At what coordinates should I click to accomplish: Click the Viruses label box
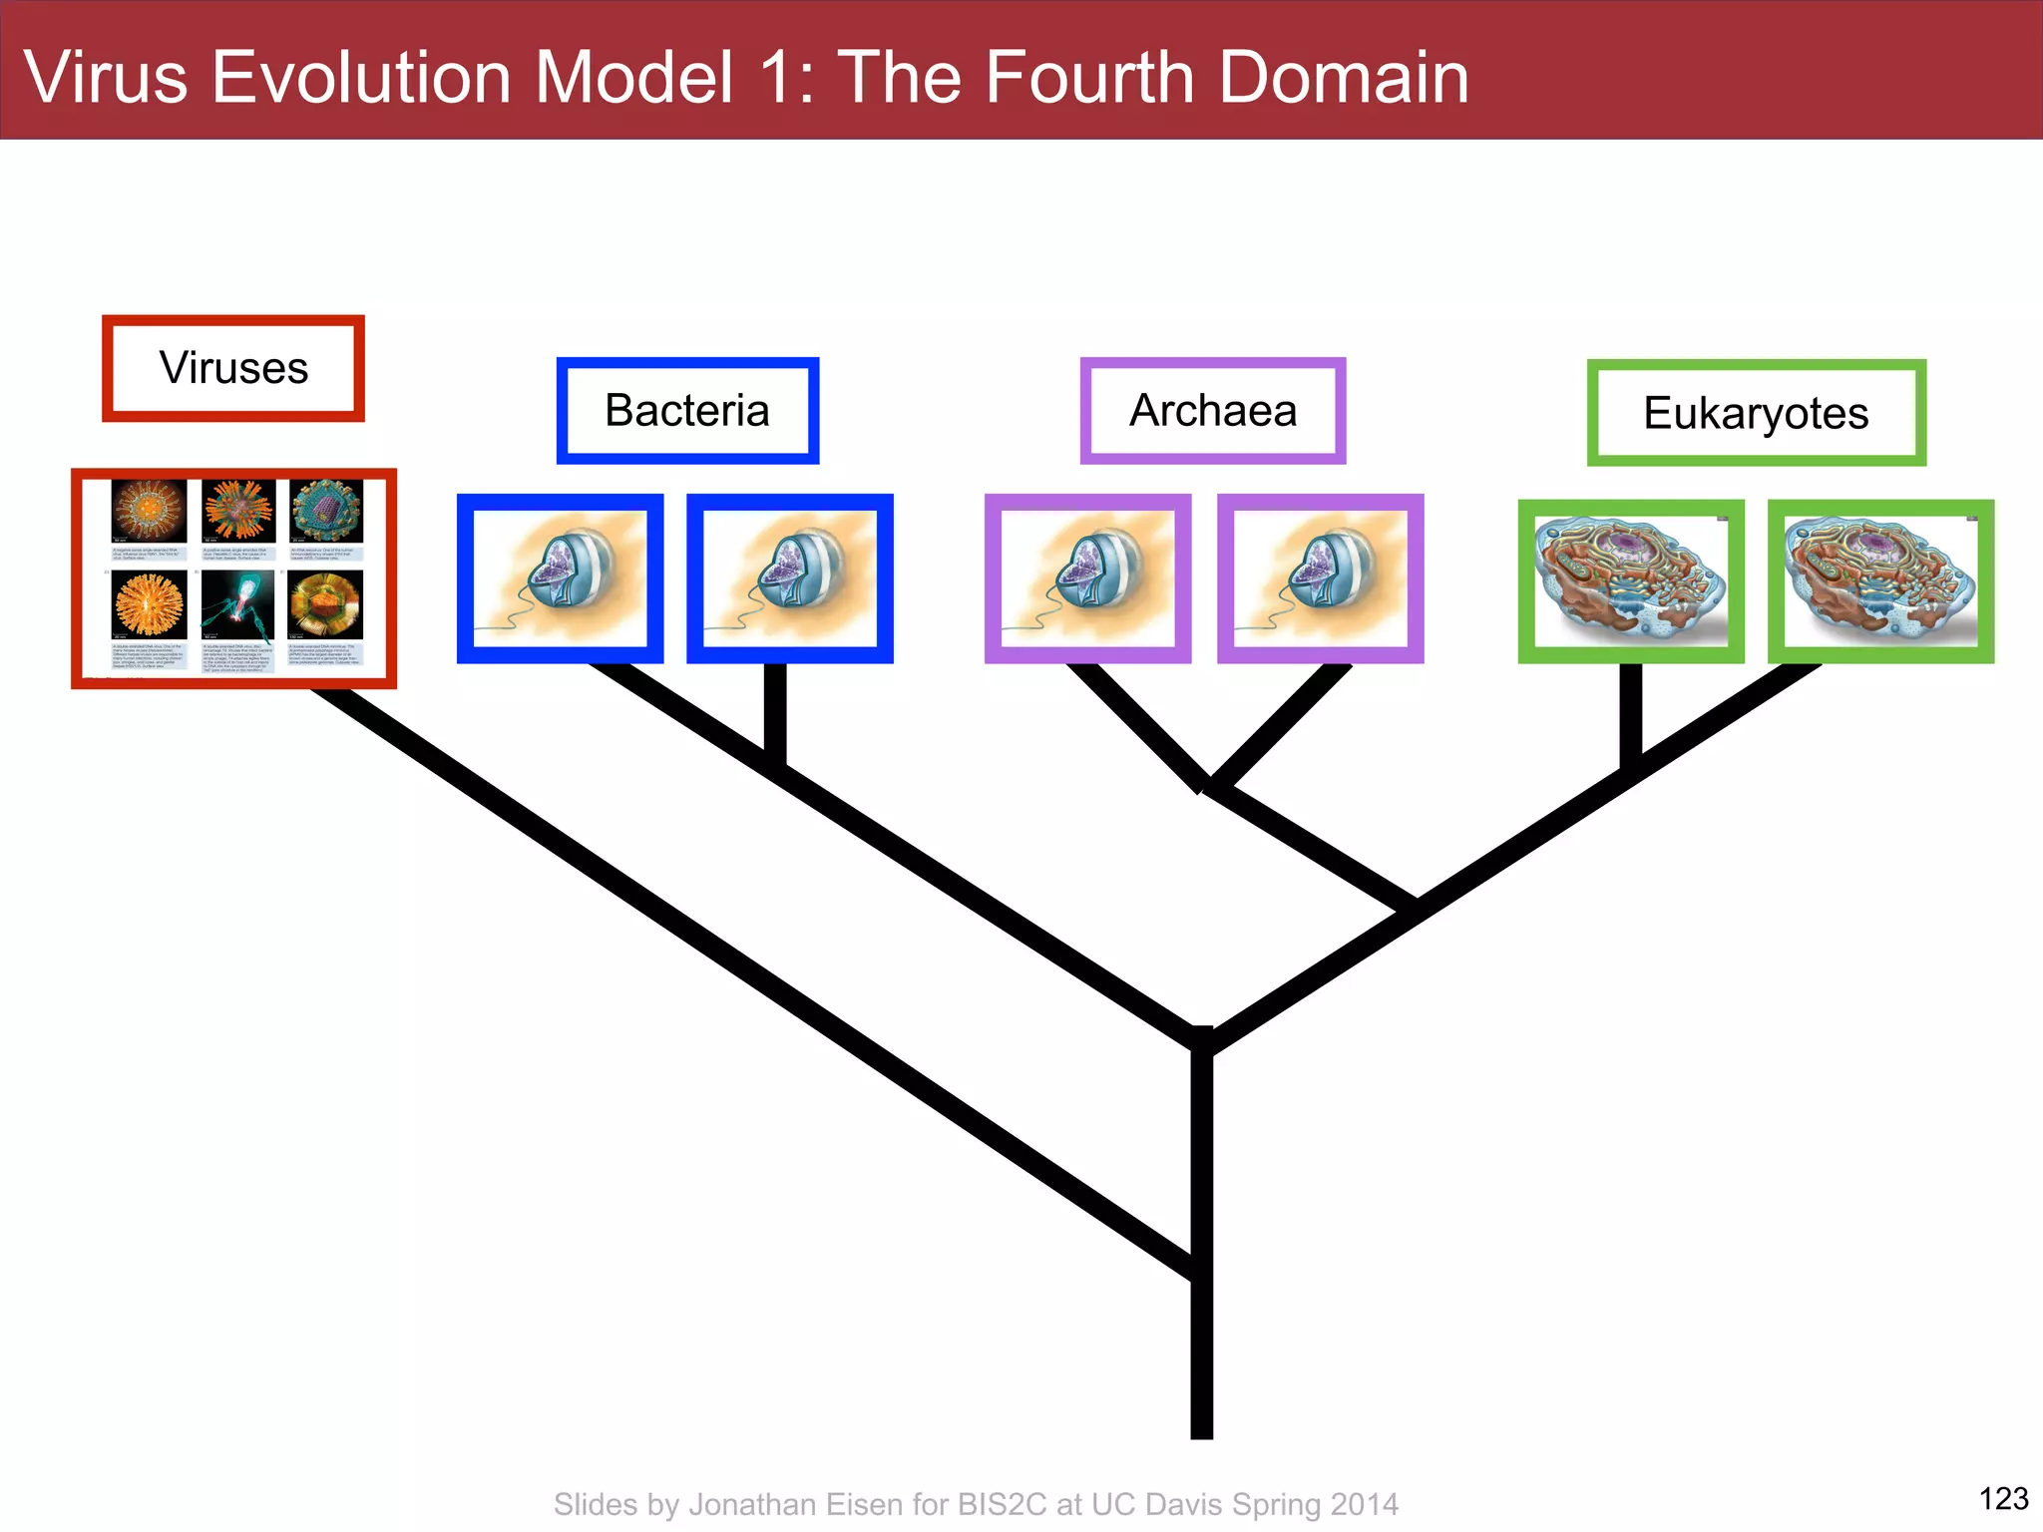[x=233, y=368]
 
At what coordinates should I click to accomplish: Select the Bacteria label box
[x=687, y=411]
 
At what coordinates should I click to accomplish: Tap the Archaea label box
[x=1213, y=411]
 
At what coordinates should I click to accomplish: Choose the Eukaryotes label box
[x=1756, y=413]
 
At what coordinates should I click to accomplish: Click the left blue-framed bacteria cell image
[x=560, y=578]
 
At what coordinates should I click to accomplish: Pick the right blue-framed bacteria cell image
[x=789, y=578]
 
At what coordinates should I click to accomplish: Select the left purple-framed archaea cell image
[x=1087, y=578]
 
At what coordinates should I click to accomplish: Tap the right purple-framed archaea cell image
[x=1320, y=578]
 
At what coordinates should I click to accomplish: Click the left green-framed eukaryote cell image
[x=1631, y=581]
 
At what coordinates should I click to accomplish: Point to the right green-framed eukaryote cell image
[x=1880, y=581]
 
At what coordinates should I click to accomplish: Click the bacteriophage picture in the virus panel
[x=237, y=604]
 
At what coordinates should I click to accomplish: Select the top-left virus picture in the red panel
[x=149, y=511]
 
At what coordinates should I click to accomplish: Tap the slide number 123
[x=2003, y=1498]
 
